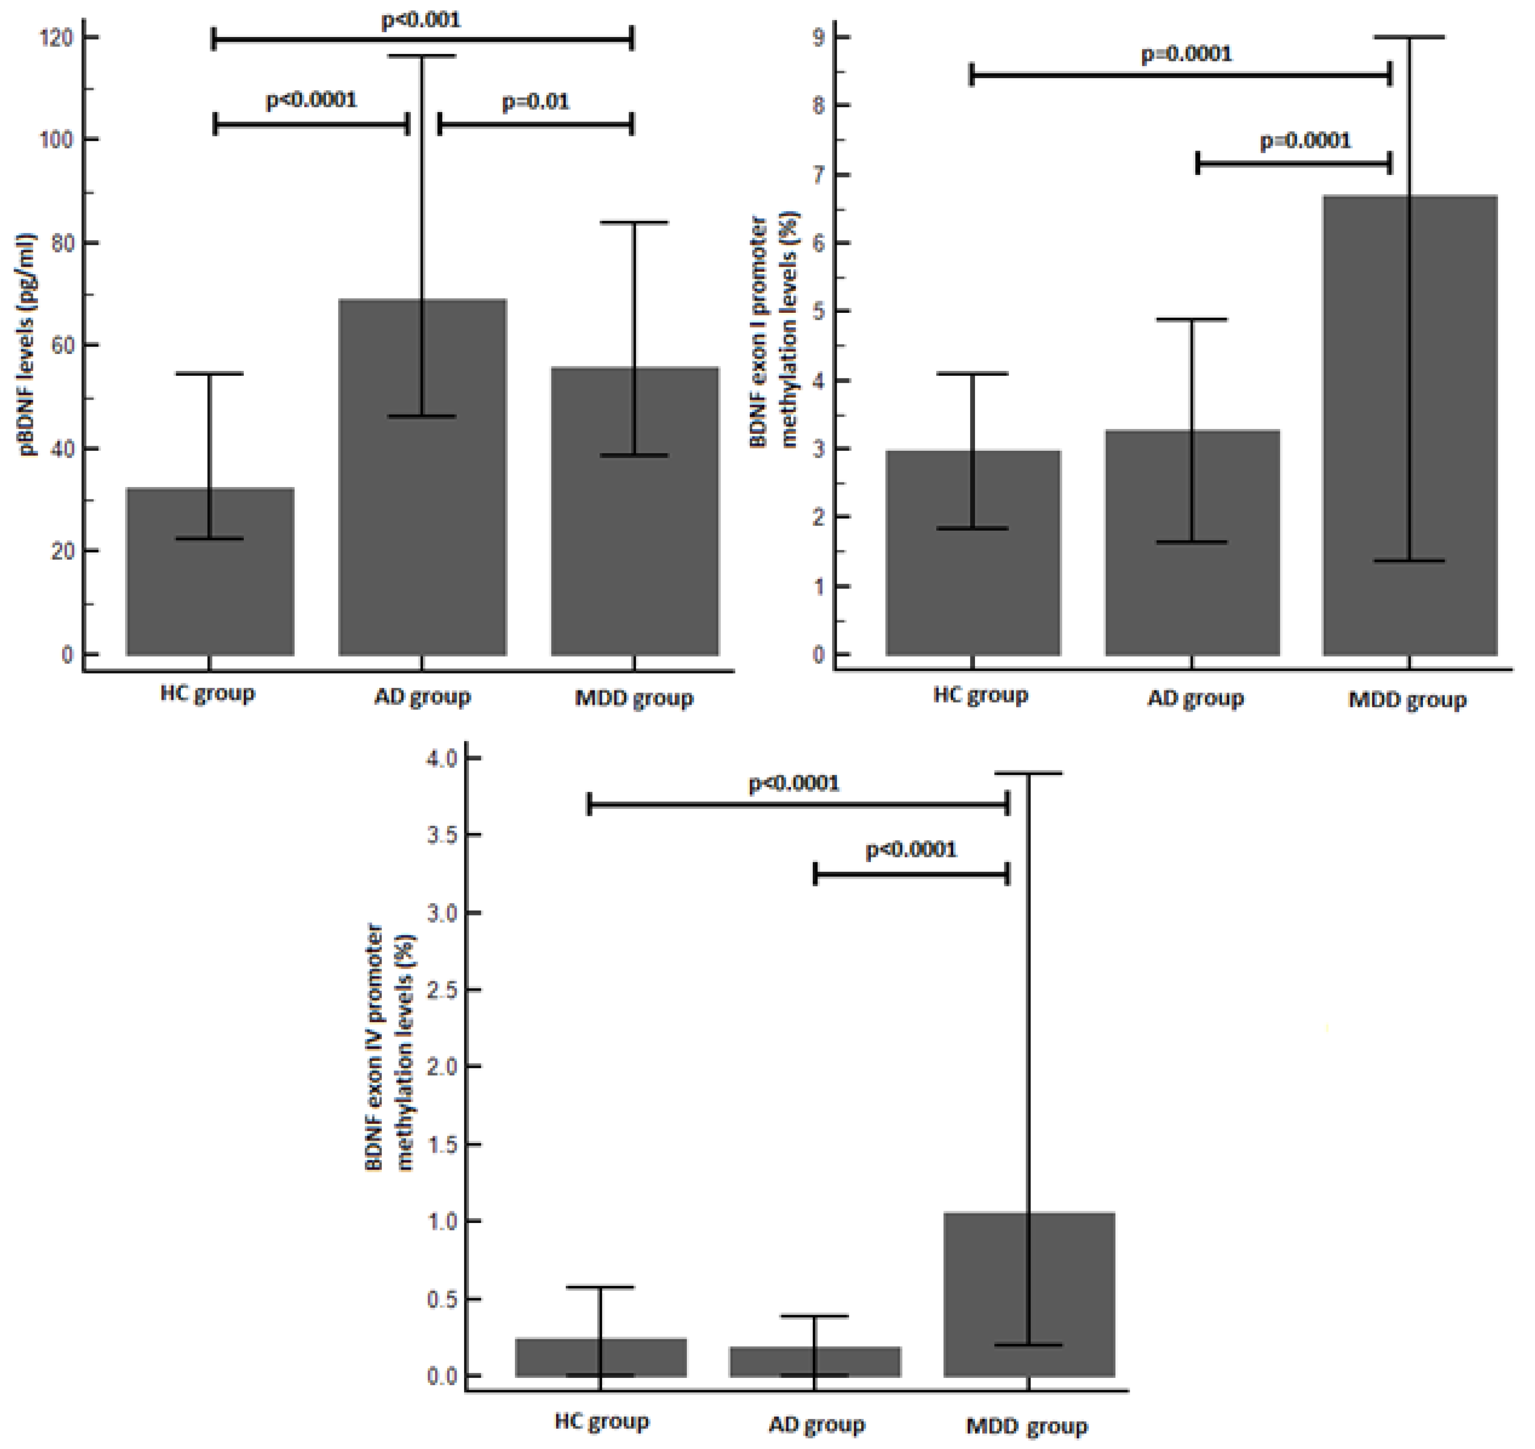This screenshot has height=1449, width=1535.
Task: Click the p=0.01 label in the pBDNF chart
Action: click(x=535, y=102)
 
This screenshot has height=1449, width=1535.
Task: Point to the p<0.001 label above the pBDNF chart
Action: click(x=421, y=19)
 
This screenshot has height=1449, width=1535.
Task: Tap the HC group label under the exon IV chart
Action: click(x=602, y=1421)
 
